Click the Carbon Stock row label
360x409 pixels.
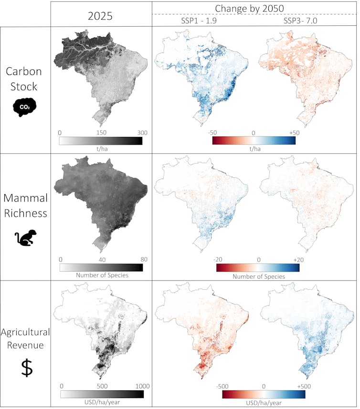tap(24, 79)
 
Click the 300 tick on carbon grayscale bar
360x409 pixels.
tap(142, 133)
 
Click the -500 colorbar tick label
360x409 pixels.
tap(218, 386)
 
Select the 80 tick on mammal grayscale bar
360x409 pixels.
tap(143, 260)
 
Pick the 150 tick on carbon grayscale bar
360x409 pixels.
tap(101, 133)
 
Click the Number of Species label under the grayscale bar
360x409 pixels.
tap(101, 276)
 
